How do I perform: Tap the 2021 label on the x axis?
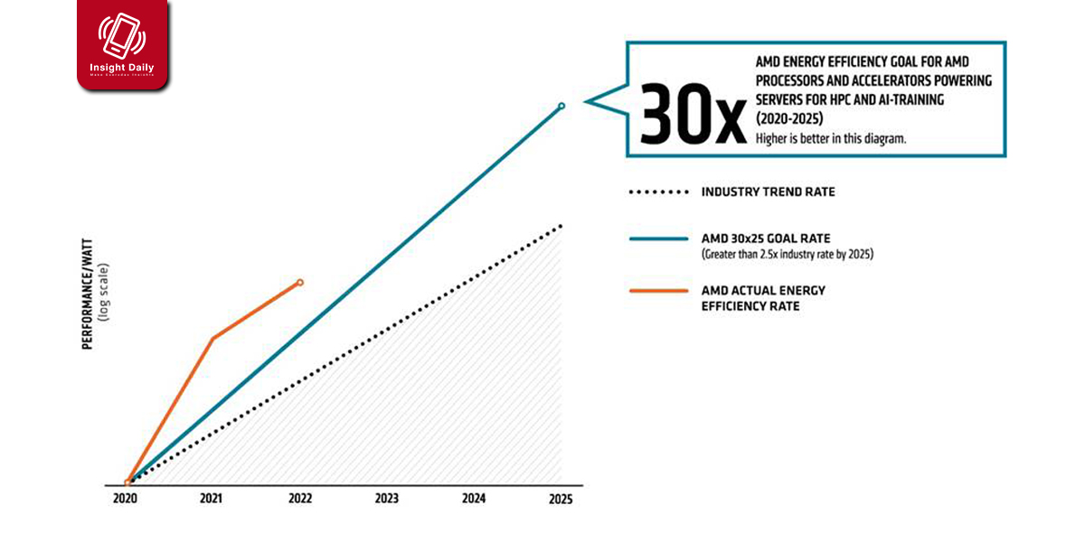point(212,499)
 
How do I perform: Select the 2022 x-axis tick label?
point(300,499)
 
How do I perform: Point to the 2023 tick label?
point(387,499)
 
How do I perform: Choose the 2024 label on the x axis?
point(474,499)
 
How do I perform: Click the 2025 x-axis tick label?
point(561,499)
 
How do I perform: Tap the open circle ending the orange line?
point(300,283)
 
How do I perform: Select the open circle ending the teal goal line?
point(561,107)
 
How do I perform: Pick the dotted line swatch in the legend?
point(657,192)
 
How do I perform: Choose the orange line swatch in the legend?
point(657,291)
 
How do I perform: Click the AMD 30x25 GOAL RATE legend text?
point(766,238)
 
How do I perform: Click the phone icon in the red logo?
point(122,36)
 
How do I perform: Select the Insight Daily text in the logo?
point(122,68)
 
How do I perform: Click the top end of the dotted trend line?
point(561,225)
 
